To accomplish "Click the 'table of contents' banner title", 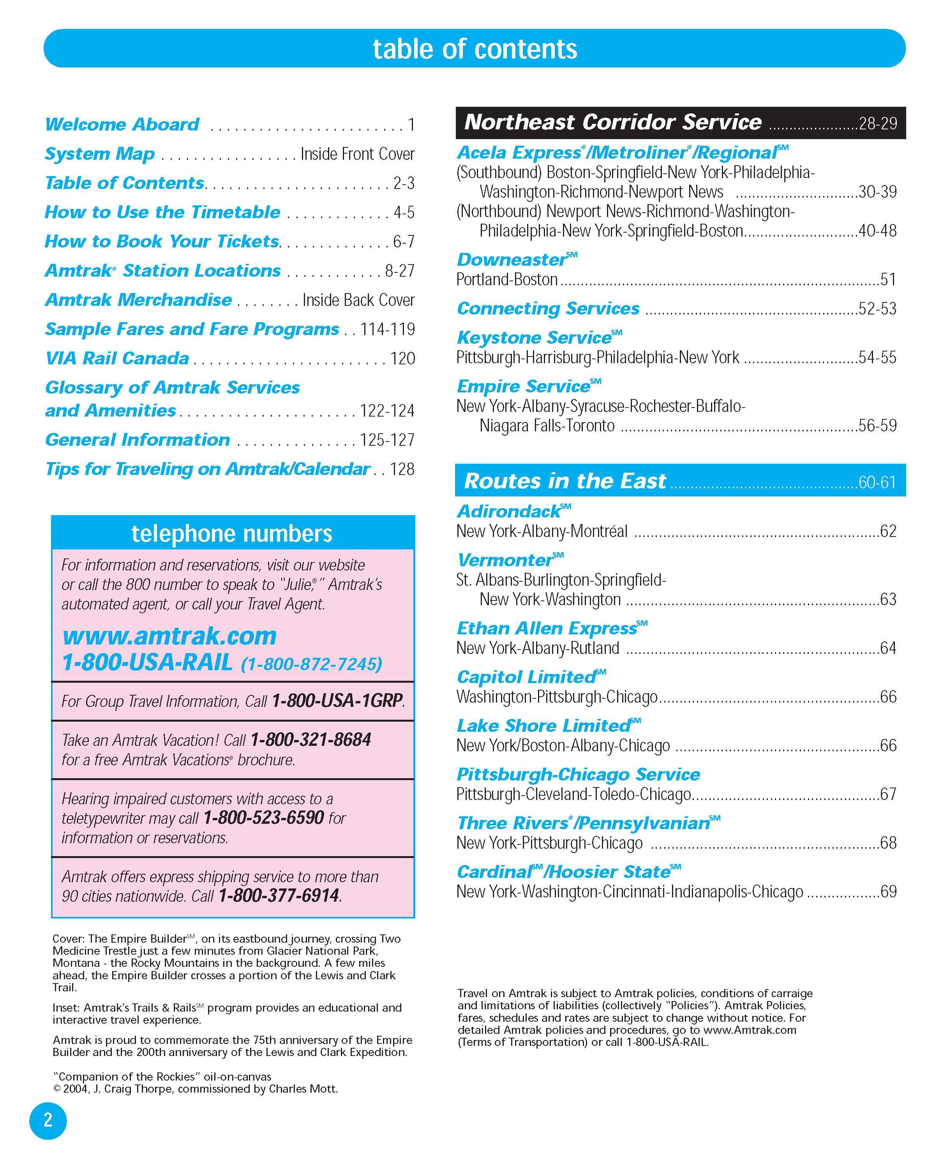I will (475, 49).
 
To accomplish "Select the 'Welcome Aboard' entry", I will (122, 124).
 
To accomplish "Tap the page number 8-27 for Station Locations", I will (399, 270).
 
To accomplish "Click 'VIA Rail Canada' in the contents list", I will (117, 358).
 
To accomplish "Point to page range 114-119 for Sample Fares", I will (388, 329).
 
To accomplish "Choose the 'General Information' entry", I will (138, 440).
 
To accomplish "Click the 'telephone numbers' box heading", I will (232, 533).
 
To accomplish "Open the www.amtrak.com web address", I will (169, 636).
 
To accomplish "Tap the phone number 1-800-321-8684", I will (310, 740).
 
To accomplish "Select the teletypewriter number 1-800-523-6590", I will (263, 818).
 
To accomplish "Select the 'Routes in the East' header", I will (565, 481).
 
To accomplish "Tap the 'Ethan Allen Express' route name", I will (547, 629).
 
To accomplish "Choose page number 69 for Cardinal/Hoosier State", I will (888, 892).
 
